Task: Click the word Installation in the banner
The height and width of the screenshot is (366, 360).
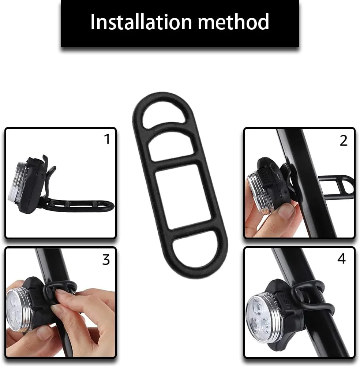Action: (x=141, y=22)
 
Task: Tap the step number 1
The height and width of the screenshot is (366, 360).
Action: (x=107, y=139)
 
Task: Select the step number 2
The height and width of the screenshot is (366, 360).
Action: (x=344, y=141)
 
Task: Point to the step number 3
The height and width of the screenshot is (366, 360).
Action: (x=106, y=259)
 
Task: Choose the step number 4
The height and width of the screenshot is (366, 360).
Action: (x=341, y=259)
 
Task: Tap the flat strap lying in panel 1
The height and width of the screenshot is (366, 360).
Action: (x=77, y=205)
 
